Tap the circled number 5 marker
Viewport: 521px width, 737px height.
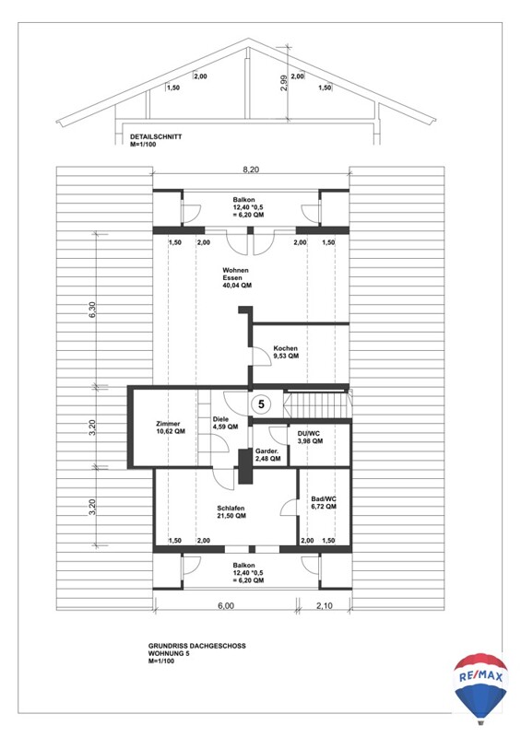261,404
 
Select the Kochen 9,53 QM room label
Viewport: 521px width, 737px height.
286,352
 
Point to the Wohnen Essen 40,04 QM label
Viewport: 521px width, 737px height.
237,278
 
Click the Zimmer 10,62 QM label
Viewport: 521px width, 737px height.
171,427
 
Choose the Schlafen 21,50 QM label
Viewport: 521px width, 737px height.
231,512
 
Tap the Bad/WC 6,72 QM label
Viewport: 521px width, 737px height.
324,503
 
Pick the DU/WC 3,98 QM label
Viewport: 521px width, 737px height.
310,438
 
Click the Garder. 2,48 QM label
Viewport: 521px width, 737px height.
267,454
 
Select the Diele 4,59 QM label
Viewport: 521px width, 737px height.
225,423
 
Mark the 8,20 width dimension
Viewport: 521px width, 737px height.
251,170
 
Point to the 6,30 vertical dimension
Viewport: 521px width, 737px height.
92,310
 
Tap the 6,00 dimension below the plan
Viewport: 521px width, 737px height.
226,606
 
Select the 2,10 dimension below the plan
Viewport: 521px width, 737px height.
324,606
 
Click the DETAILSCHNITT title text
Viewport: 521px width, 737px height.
156,136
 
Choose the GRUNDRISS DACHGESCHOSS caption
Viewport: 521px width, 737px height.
196,646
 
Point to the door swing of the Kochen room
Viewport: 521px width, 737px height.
258,356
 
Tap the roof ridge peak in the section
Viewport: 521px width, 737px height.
248,40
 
